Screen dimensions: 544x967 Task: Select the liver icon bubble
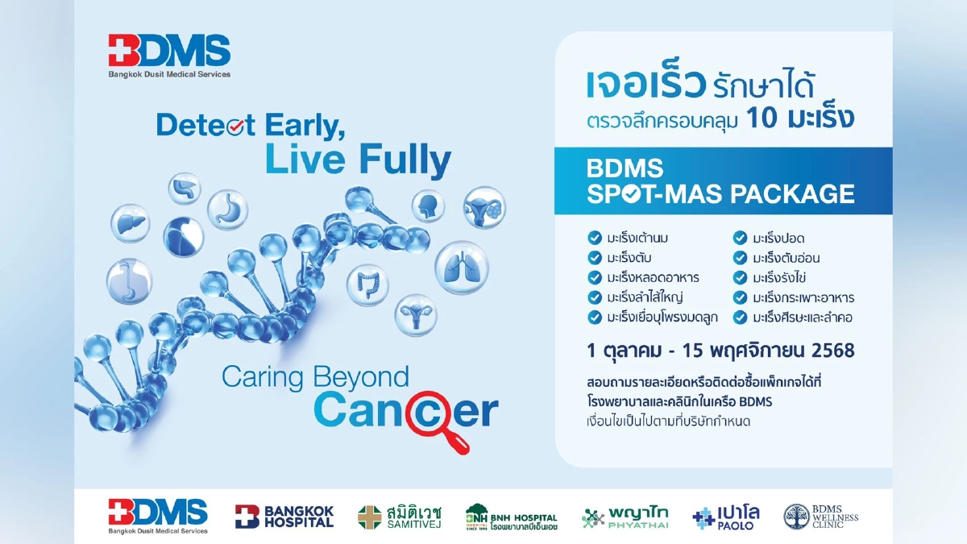tap(130, 222)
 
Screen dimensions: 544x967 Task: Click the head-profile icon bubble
tap(428, 206)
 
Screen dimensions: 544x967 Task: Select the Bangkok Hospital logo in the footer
tap(284, 516)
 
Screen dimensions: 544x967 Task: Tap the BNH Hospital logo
tap(511, 517)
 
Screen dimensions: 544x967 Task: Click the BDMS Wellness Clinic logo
tap(821, 517)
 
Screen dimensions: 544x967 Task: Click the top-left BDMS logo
tap(170, 55)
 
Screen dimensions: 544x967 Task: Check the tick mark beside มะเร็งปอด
tap(739, 238)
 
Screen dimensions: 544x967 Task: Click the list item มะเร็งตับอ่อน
tap(786, 258)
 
